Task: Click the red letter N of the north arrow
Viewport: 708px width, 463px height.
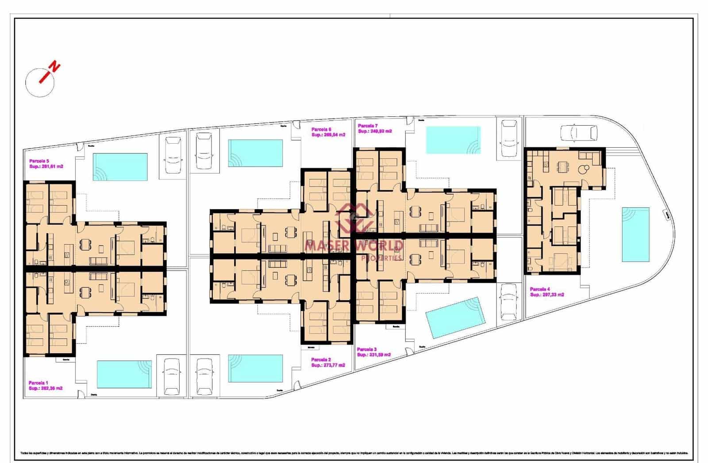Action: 55,67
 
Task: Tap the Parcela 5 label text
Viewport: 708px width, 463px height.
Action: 39,161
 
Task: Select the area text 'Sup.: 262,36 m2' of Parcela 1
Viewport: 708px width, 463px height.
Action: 46,388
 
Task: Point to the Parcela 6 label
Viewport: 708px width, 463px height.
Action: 321,129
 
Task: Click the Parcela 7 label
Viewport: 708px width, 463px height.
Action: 368,126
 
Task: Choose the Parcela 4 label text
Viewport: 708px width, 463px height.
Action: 540,289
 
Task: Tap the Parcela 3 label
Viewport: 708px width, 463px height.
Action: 367,349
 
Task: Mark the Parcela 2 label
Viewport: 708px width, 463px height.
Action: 321,360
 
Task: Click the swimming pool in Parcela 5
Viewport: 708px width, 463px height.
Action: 120,167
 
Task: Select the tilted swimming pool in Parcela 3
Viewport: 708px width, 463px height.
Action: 455,317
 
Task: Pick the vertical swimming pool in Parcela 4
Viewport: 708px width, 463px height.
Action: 635,234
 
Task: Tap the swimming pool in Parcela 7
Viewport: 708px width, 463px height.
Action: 453,140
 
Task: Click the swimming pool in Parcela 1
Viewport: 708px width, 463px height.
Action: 124,374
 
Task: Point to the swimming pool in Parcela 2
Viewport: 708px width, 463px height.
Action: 255,368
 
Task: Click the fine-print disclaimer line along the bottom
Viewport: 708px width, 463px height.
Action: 354,453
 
